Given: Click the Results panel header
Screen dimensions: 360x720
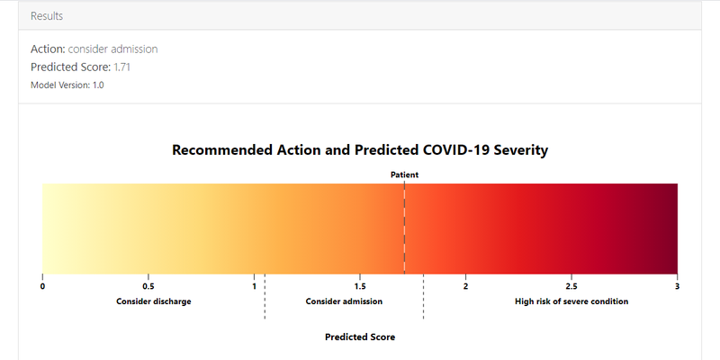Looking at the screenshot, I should coord(360,16).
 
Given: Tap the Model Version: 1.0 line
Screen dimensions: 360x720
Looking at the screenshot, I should coord(67,85).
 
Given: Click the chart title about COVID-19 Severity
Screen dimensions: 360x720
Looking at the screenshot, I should coord(360,150).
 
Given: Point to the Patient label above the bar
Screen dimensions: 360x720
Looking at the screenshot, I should coord(404,175).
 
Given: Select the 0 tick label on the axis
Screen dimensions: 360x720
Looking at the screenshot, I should coord(42,287).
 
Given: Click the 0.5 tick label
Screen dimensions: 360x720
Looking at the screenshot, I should coord(148,287).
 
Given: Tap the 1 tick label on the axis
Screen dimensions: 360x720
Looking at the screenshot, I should coord(254,287).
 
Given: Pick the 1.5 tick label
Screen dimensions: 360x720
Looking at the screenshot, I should coord(360,287).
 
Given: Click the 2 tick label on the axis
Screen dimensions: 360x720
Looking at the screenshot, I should coord(465,287).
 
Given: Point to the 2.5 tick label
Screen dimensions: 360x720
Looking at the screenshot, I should coord(571,287).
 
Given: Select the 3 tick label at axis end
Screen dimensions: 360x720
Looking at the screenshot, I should coord(677,287).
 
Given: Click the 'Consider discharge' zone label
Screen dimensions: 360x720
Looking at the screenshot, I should coord(153,301).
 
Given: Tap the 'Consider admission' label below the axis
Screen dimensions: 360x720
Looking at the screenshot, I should coord(344,301).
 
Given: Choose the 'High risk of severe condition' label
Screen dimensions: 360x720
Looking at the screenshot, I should coord(571,301).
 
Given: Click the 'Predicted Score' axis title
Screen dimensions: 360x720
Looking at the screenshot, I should coord(360,337).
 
